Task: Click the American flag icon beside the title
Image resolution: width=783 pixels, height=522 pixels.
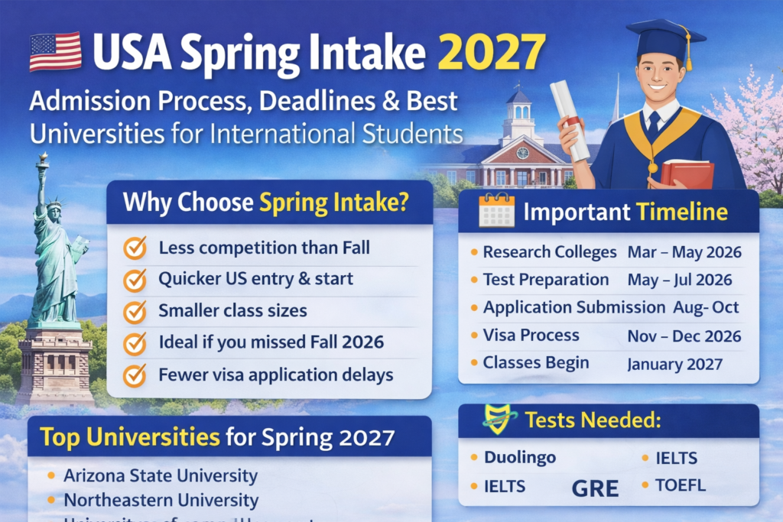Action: click(x=55, y=52)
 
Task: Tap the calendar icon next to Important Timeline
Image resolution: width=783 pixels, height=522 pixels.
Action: click(x=496, y=210)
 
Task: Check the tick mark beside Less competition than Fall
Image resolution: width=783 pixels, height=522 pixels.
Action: click(x=135, y=248)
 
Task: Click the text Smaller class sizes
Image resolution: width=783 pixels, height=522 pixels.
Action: click(x=232, y=311)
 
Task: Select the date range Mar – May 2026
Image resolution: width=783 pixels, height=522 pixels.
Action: click(x=684, y=252)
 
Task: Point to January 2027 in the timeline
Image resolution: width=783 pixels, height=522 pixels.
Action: click(x=674, y=364)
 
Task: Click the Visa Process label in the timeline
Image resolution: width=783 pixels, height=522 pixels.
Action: click(x=531, y=336)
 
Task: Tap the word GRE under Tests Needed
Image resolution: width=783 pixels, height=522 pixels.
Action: click(x=595, y=489)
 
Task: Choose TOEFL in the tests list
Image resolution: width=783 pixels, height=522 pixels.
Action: click(x=680, y=485)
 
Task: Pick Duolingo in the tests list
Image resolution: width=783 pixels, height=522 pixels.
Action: click(x=520, y=458)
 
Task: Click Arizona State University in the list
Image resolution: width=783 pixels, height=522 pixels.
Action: click(x=161, y=475)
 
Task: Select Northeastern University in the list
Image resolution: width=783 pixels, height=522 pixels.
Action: click(x=161, y=501)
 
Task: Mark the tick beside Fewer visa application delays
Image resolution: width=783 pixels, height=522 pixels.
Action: click(x=135, y=375)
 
